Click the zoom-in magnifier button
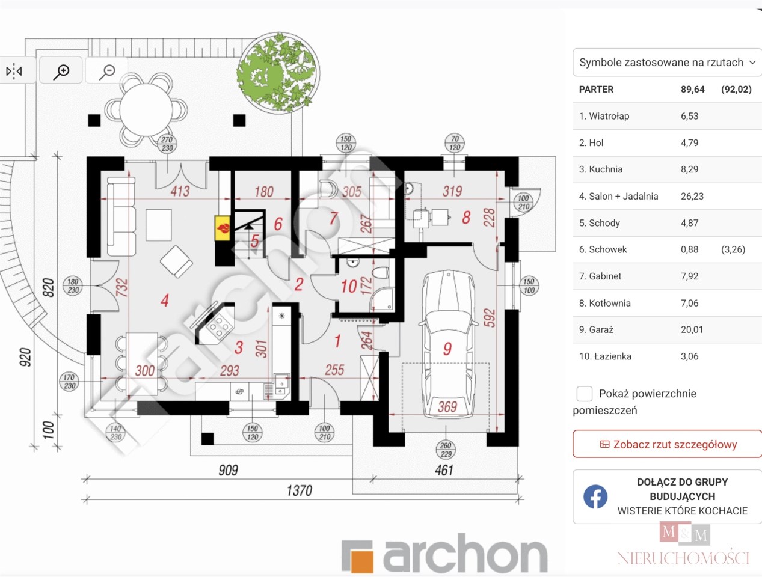click(x=61, y=70)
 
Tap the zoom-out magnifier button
click(x=107, y=70)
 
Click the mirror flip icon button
click(x=14, y=70)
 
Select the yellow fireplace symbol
click(x=223, y=228)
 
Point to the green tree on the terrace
click(x=278, y=73)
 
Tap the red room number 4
click(x=165, y=300)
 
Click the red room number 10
click(x=349, y=287)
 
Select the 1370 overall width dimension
click(x=300, y=490)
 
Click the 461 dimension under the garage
click(x=444, y=470)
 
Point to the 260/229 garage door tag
click(x=446, y=450)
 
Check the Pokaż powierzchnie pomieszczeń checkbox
click(x=584, y=394)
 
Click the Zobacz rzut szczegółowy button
click(x=667, y=444)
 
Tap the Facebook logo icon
click(x=595, y=496)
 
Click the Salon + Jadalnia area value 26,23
click(x=692, y=196)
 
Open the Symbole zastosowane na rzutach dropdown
click(x=667, y=63)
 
